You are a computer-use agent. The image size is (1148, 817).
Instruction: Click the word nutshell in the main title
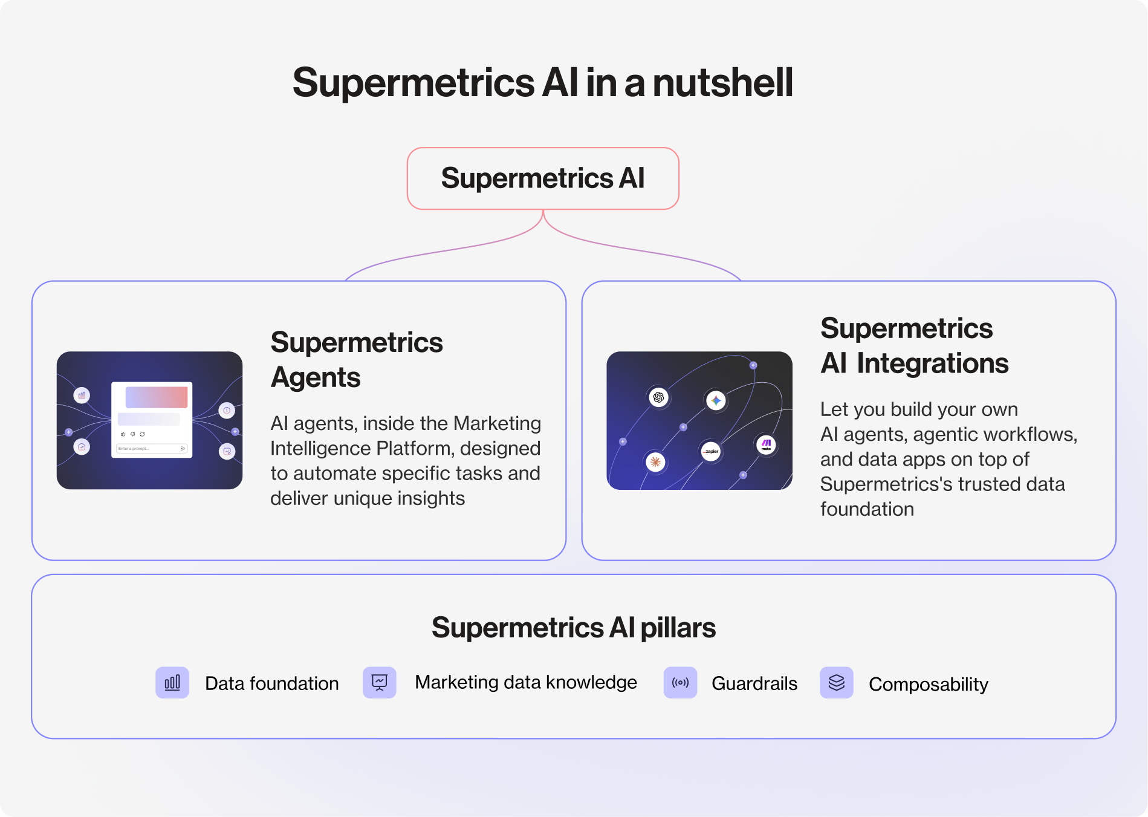[722, 83]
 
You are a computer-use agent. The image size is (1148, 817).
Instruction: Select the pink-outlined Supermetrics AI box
[543, 178]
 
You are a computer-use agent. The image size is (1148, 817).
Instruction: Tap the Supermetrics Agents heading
[357, 360]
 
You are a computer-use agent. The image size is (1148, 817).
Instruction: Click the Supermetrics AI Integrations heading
[914, 346]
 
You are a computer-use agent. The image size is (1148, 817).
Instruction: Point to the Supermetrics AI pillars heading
[573, 628]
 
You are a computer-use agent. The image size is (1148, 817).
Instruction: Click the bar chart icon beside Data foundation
[172, 683]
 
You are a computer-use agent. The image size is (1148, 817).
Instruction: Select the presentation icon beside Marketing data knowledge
[380, 683]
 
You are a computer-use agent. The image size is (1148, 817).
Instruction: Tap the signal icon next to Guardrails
[680, 683]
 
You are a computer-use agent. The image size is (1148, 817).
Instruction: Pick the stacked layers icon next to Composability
[836, 683]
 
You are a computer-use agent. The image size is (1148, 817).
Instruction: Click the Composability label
[928, 684]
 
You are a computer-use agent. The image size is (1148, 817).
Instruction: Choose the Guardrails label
[754, 683]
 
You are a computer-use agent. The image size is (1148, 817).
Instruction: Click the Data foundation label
[272, 683]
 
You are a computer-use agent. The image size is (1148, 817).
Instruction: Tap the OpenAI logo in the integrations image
[658, 397]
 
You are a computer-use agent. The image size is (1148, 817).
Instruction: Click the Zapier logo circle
[711, 451]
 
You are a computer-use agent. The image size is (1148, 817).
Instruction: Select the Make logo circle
[766, 445]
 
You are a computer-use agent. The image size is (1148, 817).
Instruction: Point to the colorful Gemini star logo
[716, 400]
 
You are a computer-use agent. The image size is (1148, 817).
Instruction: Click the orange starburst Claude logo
[655, 463]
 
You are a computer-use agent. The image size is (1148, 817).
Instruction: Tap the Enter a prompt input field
[151, 449]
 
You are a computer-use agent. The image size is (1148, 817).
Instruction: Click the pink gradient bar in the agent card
[157, 397]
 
